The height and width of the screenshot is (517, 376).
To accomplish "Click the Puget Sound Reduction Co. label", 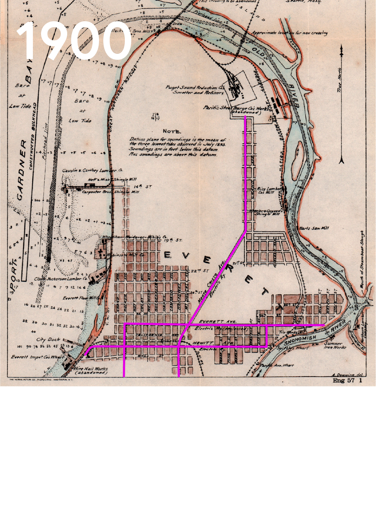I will click(x=195, y=87).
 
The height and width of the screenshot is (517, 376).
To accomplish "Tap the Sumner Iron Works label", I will click(x=333, y=345).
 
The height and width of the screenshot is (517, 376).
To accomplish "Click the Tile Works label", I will click(x=288, y=332).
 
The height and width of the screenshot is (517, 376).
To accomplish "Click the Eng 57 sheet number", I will click(x=343, y=381).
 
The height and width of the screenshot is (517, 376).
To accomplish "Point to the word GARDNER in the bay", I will click(x=21, y=170).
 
